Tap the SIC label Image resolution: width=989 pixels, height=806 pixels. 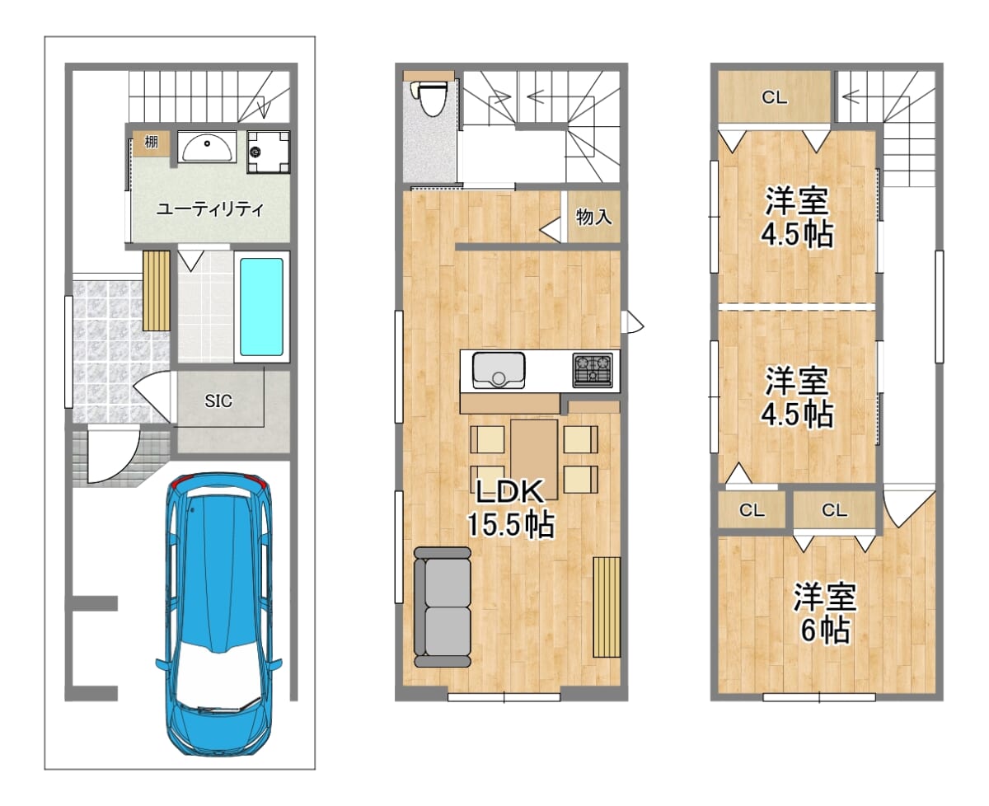click(218, 401)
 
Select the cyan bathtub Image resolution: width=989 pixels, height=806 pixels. click(261, 307)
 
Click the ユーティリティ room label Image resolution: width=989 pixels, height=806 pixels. click(210, 209)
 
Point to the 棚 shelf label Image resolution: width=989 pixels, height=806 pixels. click(151, 142)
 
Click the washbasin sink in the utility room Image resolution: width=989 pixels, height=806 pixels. click(207, 146)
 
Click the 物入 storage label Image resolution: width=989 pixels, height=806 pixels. click(593, 217)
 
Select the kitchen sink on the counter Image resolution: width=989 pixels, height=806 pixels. click(499, 370)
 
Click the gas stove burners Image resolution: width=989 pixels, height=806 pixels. click(593, 370)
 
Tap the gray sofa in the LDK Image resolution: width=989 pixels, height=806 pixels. click(442, 607)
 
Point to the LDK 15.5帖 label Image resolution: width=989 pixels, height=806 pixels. click(510, 508)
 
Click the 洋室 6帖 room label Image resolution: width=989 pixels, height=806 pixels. click(825, 613)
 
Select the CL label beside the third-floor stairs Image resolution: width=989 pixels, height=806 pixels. click(774, 97)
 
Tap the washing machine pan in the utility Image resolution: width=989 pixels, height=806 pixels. click(269, 152)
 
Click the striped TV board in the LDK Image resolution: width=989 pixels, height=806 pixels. click(607, 607)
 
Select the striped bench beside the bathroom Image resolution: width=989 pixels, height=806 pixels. click(156, 291)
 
